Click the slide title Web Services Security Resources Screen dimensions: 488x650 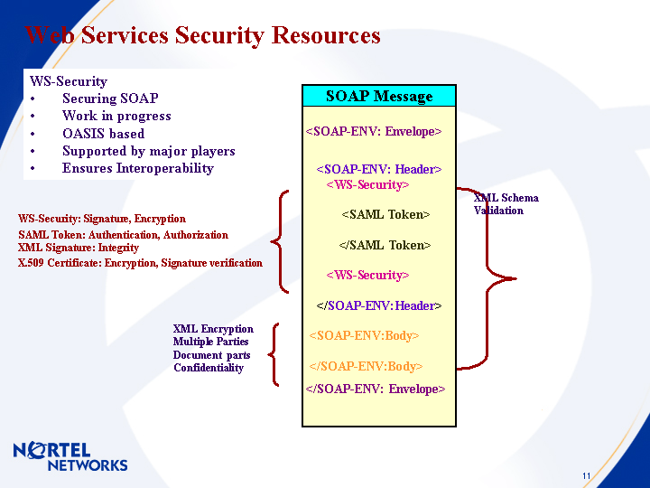pyautogui.click(x=203, y=35)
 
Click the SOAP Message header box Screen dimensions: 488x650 pyautogui.click(x=379, y=96)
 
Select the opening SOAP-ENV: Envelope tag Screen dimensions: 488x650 pyautogui.click(x=374, y=132)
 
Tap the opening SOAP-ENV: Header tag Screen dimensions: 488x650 pyautogui.click(x=378, y=169)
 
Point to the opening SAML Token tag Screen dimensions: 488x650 pyautogui.click(x=385, y=215)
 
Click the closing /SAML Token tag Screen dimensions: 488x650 pyautogui.click(x=385, y=245)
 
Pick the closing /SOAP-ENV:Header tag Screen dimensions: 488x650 pyautogui.click(x=378, y=305)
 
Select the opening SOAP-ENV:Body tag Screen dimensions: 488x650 pyautogui.click(x=364, y=336)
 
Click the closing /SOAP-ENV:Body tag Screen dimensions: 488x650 pyautogui.click(x=366, y=366)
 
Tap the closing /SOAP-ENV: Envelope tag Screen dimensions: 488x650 pyautogui.click(x=376, y=389)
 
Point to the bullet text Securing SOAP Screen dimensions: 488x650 pyautogui.click(x=110, y=99)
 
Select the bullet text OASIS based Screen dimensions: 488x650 pyautogui.click(x=103, y=134)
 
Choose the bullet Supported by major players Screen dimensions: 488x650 pyautogui.click(x=148, y=151)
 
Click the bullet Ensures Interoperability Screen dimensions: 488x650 pyautogui.click(x=137, y=168)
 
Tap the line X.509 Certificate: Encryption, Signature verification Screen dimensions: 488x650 pyautogui.click(x=140, y=263)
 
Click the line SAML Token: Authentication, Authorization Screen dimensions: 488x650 pyautogui.click(x=123, y=235)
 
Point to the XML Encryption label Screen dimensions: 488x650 pyautogui.click(x=213, y=329)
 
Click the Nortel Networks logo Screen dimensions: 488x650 pyautogui.click(x=70, y=456)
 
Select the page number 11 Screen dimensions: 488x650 pyautogui.click(x=587, y=476)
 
